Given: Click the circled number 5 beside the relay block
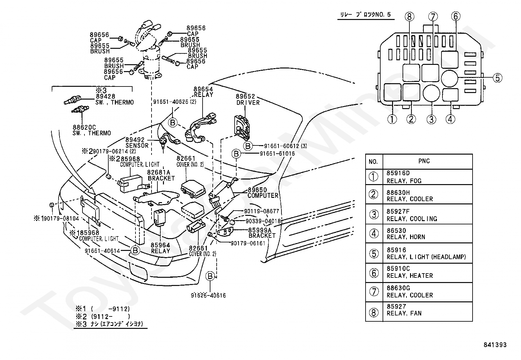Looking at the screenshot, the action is pos(497,78).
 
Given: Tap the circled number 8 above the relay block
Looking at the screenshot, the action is pos(410,16).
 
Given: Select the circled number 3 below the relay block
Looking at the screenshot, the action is pos(431,119).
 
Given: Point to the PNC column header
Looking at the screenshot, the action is pos(424,161).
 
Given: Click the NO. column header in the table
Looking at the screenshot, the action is pos(373,161).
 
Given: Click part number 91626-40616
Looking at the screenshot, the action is pos(208,295).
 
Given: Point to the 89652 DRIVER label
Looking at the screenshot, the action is pos(248,100).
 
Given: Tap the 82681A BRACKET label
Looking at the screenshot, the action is pos(161,175).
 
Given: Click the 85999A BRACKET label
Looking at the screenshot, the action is pos(262,233).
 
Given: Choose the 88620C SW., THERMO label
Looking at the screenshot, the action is pos(92,130).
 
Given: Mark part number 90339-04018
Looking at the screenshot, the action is pos(263,221).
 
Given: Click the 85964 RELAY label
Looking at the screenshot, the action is pos(160,248).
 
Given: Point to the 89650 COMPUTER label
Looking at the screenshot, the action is pos(263,193).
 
